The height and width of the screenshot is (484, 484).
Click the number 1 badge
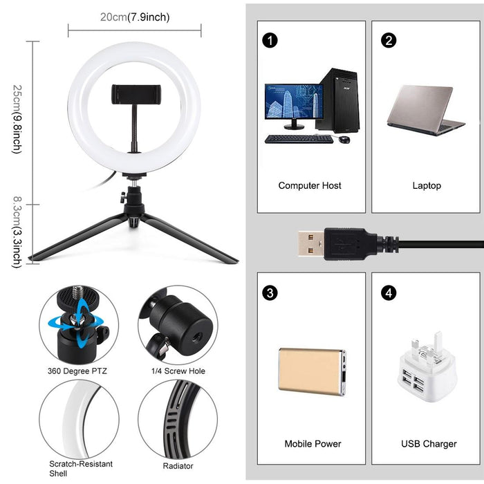coord(271,39)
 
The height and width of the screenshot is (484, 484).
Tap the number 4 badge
coord(389,292)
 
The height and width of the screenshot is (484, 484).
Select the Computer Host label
coord(310,185)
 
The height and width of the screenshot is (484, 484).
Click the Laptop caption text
coord(427,185)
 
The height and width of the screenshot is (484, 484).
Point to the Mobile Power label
coord(313,443)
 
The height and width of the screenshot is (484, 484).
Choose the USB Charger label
coord(429,443)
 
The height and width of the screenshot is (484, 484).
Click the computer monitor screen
coord(294,104)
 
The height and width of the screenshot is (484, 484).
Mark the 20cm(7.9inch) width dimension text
coord(135,17)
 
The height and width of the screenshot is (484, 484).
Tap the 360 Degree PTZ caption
coord(78,371)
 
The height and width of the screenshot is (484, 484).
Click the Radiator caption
coord(178,465)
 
